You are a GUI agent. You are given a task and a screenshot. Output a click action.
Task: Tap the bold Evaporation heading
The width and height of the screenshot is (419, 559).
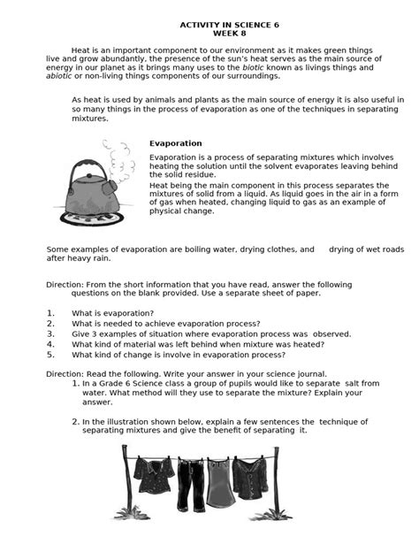176,143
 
